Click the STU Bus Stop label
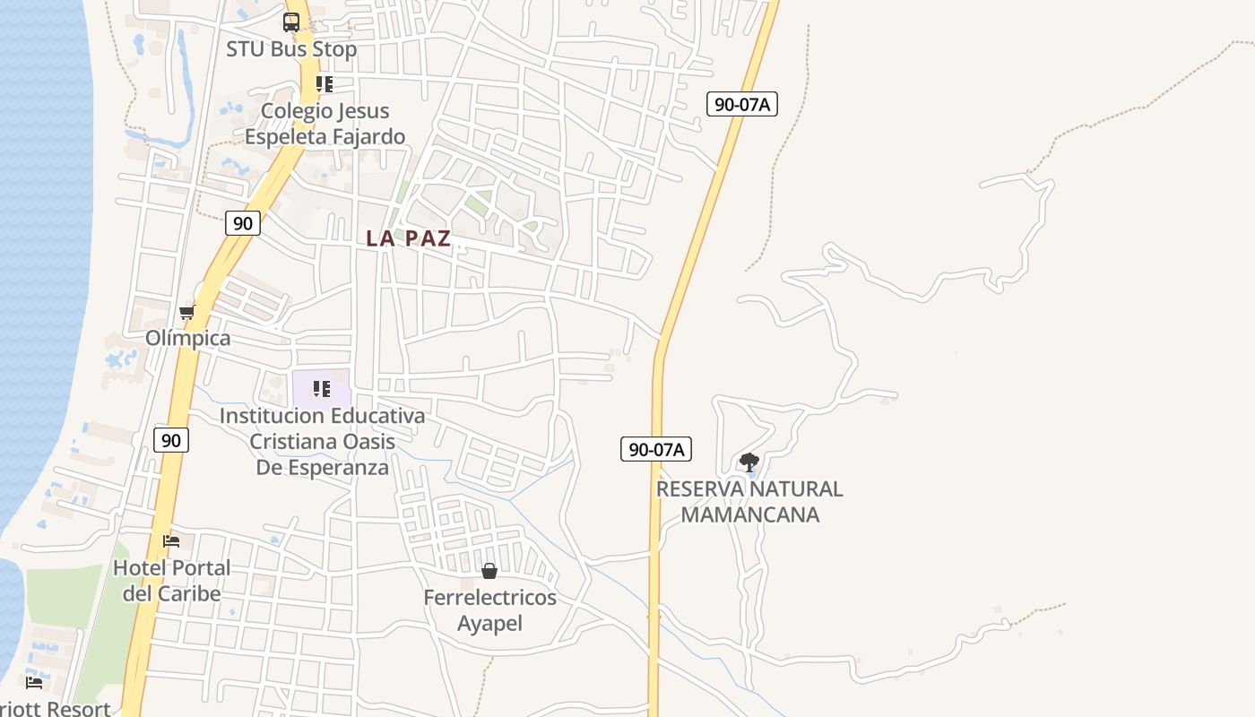click(x=291, y=49)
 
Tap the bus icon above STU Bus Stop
click(x=291, y=22)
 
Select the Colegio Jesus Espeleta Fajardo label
click(x=325, y=124)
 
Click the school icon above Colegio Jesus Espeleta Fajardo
click(x=325, y=84)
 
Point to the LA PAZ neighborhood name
click(x=409, y=238)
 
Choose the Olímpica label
click(x=188, y=338)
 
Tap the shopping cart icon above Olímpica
click(x=187, y=312)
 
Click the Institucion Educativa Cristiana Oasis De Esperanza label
click(x=323, y=442)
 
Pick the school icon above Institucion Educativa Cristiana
click(x=322, y=389)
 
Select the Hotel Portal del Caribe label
click(x=171, y=580)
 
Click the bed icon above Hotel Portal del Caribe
click(x=171, y=541)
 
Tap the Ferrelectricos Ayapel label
click(x=489, y=610)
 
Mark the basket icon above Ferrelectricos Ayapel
click(x=489, y=571)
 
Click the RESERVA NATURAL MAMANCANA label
click(x=749, y=501)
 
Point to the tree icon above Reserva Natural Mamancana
click(x=749, y=462)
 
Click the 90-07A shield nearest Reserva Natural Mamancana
click(x=656, y=449)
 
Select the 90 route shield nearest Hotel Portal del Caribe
click(x=170, y=440)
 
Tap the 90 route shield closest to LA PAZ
click(x=243, y=223)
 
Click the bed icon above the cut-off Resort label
click(x=34, y=683)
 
